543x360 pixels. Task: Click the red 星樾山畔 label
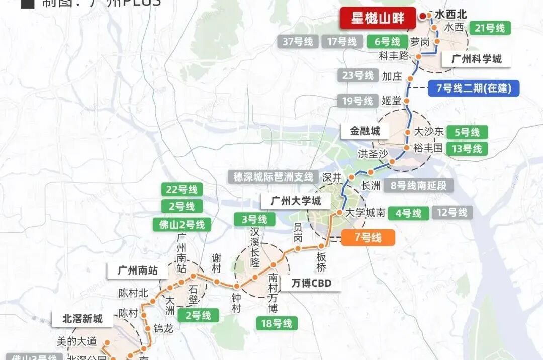377,19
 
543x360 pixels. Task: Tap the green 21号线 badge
489,28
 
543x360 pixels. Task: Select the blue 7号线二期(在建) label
474,88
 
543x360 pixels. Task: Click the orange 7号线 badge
368,237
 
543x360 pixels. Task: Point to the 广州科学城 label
476,59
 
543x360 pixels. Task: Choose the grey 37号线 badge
298,42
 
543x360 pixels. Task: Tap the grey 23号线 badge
358,76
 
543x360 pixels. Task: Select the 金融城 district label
366,132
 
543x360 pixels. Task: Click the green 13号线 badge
467,149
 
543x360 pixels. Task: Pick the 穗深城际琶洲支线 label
274,177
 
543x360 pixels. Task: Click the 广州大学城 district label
296,201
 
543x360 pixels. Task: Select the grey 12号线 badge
452,213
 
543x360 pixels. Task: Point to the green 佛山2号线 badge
182,225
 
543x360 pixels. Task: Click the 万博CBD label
312,283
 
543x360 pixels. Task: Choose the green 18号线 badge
276,323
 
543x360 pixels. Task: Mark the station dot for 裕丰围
406,148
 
